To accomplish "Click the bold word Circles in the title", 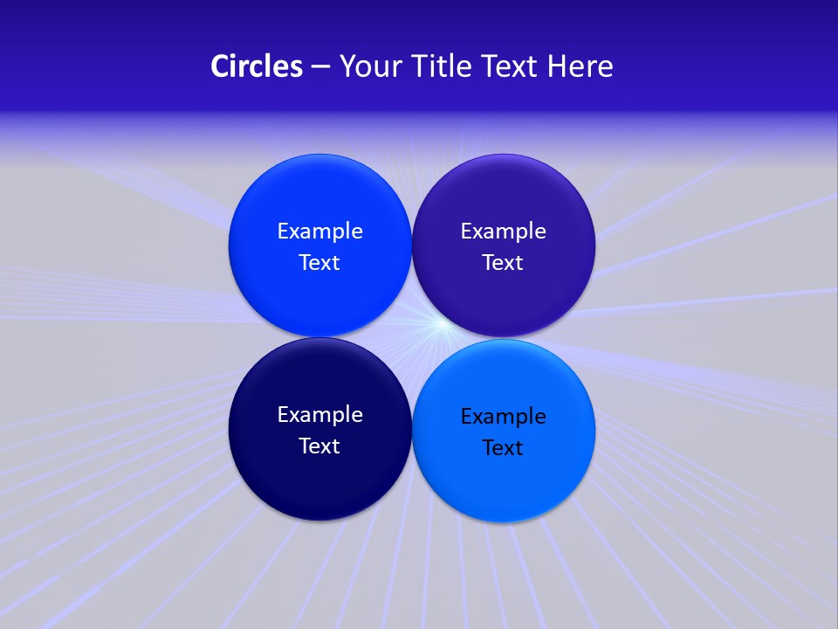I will click(x=256, y=66).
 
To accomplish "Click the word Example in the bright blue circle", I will click(x=319, y=232).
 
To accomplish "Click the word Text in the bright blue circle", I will click(x=319, y=263).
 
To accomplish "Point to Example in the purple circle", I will click(x=503, y=232).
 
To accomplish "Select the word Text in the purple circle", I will click(x=503, y=263).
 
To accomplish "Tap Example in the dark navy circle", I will click(x=319, y=415).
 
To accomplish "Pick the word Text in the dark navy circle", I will click(x=319, y=446).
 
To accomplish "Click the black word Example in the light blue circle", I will click(x=503, y=417).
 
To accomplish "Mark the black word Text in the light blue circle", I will click(x=503, y=448).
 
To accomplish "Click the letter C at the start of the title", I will click(x=220, y=66).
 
